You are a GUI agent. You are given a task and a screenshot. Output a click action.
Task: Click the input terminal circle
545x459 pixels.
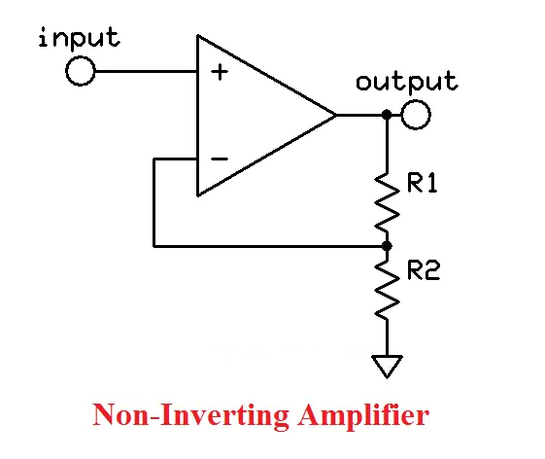[x=81, y=71]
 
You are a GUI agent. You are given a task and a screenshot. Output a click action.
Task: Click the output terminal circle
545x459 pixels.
[x=416, y=116]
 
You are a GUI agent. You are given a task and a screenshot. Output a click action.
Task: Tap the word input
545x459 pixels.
[x=80, y=38]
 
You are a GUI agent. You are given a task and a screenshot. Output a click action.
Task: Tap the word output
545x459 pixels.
[x=406, y=82]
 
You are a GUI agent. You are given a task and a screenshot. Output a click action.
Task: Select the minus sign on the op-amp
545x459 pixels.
[x=221, y=159]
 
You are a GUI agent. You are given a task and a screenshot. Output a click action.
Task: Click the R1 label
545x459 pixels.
[x=425, y=184]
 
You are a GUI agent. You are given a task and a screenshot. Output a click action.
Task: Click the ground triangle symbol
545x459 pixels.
[x=387, y=368]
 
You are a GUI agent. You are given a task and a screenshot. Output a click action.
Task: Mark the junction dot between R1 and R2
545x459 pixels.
[x=387, y=246]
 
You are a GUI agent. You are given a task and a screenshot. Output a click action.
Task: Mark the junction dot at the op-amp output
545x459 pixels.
[x=387, y=116]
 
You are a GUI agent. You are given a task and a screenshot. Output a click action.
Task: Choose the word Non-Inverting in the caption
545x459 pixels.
[x=179, y=416]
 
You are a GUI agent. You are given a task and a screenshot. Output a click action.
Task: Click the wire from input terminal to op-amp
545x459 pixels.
[x=146, y=71]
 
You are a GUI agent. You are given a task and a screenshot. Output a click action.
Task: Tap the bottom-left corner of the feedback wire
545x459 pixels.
[x=154, y=246]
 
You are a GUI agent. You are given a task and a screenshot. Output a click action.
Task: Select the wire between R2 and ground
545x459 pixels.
[x=387, y=340]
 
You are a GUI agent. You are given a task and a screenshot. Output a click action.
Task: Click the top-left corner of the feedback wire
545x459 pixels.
[x=154, y=159]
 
